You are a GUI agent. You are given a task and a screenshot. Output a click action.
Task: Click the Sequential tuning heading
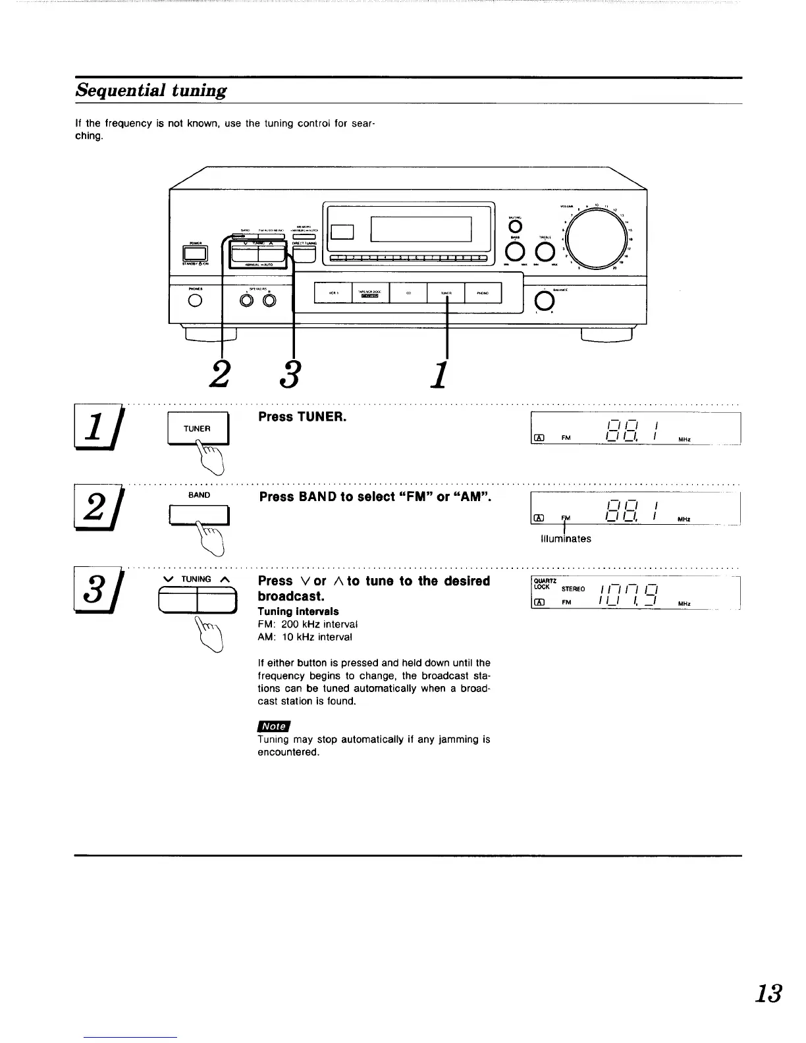[151, 90]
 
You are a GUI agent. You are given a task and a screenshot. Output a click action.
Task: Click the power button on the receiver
[196, 253]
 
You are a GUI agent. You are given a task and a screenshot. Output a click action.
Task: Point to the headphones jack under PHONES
[194, 301]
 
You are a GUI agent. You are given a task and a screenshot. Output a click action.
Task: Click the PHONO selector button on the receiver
[483, 293]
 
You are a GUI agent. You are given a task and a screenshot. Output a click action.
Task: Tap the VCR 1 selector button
[333, 293]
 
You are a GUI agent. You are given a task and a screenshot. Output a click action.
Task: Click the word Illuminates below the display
[565, 539]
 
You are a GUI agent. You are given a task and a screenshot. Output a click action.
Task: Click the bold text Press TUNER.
[302, 417]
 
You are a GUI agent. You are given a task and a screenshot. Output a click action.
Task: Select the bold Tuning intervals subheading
[298, 611]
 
